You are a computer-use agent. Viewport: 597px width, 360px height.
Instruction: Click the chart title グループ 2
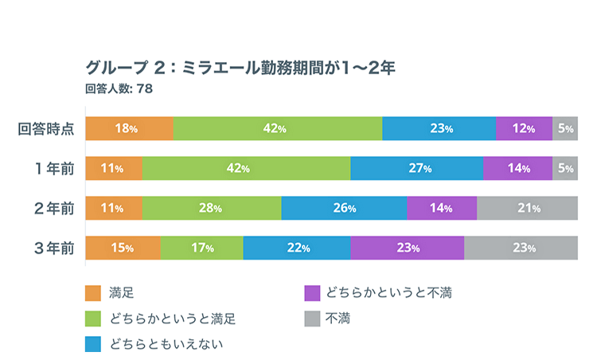pos(240,67)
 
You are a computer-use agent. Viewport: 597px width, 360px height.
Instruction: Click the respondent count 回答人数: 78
pos(119,88)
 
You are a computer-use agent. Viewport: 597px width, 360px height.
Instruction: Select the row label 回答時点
pos(47,128)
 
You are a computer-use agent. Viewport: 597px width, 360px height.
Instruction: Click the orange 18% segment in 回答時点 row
pos(129,128)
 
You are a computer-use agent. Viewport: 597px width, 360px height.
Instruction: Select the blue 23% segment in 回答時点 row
pos(439,128)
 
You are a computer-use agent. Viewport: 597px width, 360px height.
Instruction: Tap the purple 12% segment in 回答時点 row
pos(524,128)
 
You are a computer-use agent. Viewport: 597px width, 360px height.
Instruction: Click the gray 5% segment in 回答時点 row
pos(565,128)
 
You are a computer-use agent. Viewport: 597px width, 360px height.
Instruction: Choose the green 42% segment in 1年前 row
pos(246,168)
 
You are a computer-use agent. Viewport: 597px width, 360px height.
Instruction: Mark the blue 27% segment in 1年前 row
pos(416,168)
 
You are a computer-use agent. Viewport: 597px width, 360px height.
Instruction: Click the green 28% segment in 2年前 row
pos(212,208)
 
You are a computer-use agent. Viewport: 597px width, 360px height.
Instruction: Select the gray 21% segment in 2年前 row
pos(527,208)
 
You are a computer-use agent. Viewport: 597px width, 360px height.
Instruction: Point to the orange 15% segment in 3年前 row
pos(123,248)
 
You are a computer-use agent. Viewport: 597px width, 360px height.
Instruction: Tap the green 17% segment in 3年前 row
pos(201,248)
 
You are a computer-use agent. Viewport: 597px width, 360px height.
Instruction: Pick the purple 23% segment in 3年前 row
pos(407,248)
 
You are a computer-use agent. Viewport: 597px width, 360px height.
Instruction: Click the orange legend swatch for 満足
pos(93,294)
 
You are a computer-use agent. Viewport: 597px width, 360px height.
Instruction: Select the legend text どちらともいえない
pos(166,344)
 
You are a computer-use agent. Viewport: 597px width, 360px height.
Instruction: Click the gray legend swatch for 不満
pos(313,319)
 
